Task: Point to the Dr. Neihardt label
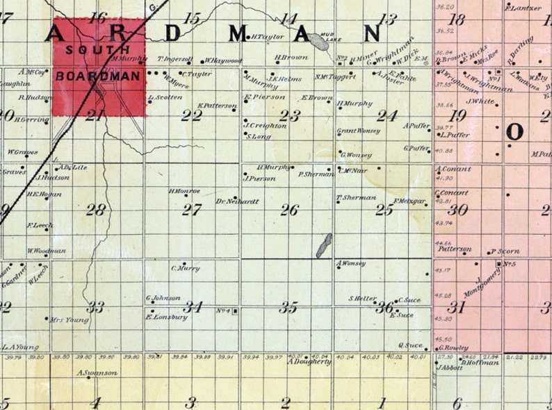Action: tap(237, 202)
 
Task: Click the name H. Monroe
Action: tap(184, 190)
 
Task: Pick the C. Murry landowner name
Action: tap(185, 268)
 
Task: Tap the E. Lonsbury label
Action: tap(166, 317)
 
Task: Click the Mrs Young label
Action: tap(69, 320)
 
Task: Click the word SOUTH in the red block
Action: tap(98, 50)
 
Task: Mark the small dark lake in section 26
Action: tap(324, 245)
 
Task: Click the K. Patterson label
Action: tap(217, 106)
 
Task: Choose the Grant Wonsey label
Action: tap(358, 131)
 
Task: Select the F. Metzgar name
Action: tap(409, 202)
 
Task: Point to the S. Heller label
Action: tap(362, 299)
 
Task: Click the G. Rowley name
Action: tap(453, 347)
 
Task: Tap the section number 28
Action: tap(95, 209)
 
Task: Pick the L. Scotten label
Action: tap(165, 97)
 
